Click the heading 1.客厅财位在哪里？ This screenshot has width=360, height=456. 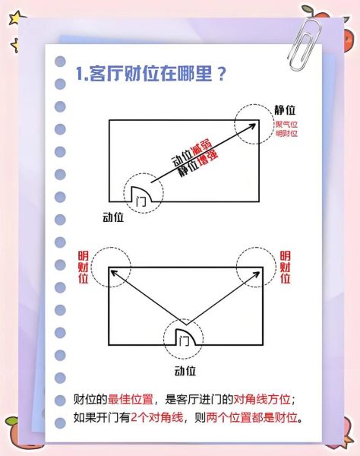(x=151, y=74)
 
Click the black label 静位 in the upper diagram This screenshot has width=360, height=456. (x=285, y=110)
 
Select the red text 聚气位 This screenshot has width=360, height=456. (x=287, y=125)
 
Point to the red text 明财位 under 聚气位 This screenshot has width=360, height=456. (x=287, y=134)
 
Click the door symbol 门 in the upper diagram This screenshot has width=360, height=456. (x=141, y=201)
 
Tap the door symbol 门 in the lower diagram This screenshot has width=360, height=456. (x=185, y=340)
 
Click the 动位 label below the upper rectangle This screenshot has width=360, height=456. (x=113, y=217)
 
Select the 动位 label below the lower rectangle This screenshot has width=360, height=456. (x=185, y=371)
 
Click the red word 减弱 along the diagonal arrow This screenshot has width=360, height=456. (x=201, y=148)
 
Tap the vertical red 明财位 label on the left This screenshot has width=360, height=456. (x=83, y=268)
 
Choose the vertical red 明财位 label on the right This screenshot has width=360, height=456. (x=285, y=268)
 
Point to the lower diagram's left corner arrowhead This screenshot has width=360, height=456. (x=114, y=273)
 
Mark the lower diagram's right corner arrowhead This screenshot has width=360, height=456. (x=256, y=274)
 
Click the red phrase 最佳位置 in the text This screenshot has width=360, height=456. (x=131, y=399)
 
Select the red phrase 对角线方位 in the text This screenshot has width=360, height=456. (x=262, y=399)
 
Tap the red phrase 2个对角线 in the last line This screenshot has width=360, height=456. (x=157, y=417)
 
